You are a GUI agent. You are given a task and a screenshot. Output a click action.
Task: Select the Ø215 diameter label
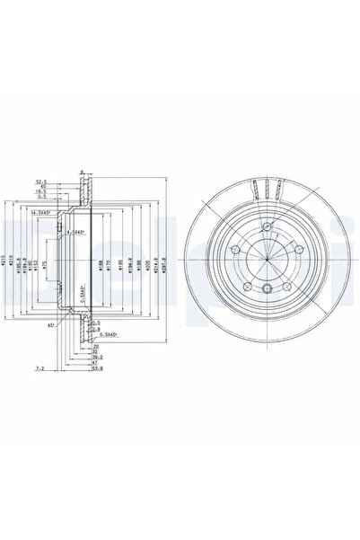(7, 265)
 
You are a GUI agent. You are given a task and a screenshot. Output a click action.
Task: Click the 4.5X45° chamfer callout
(76, 233)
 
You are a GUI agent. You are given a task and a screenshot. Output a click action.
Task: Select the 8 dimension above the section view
(80, 173)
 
